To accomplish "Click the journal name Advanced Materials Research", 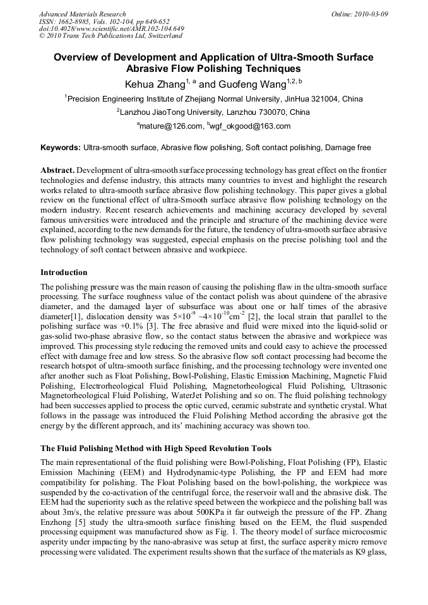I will coord(82,14).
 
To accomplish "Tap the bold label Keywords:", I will coord(61,148).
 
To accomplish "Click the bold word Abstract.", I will coord(57,171).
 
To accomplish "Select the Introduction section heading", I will coord(64,273).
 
